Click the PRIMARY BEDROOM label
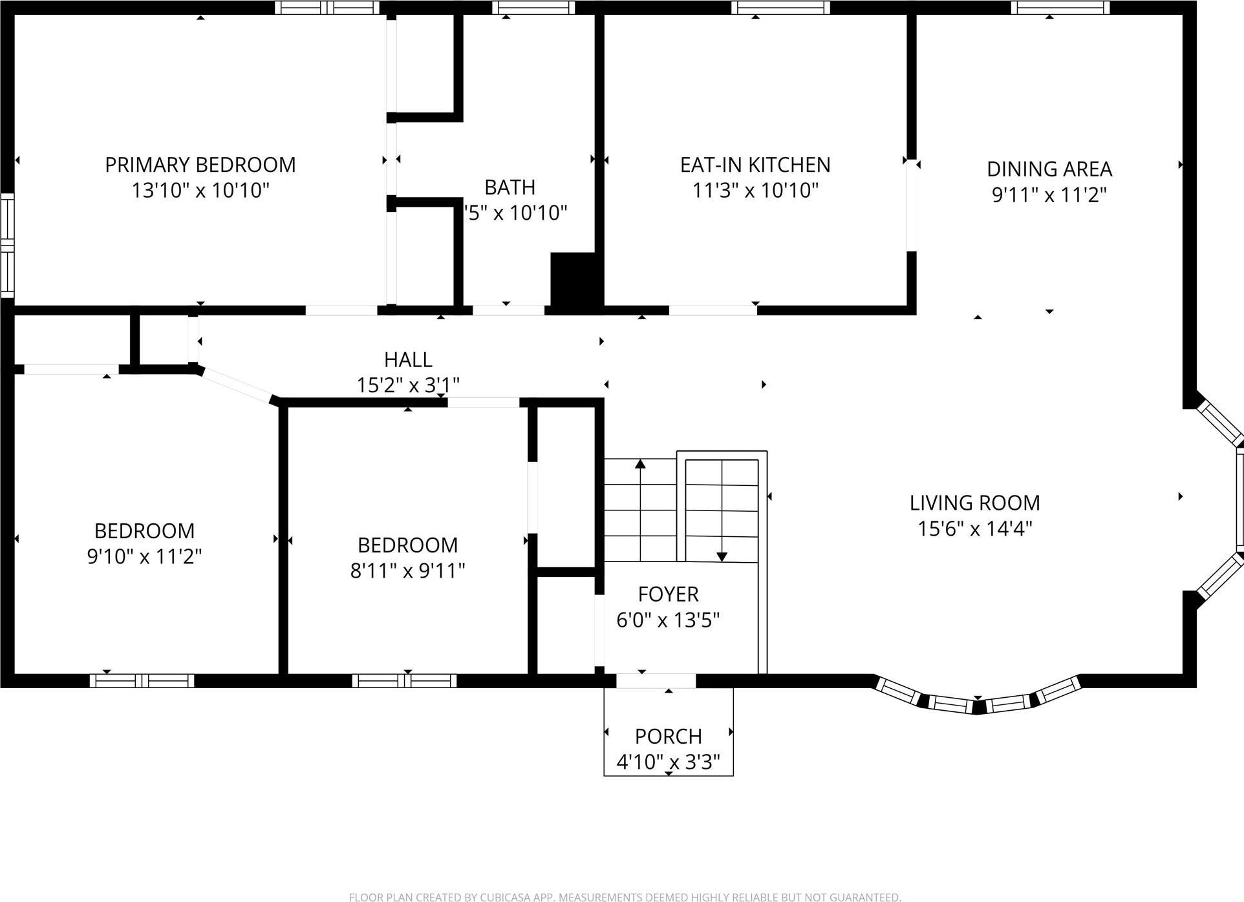(200, 165)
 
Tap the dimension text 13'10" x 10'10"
(200, 191)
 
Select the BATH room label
(509, 187)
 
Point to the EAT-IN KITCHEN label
(755, 165)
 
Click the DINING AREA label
(1049, 169)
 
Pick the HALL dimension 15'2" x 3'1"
(408, 385)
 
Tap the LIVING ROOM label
(974, 503)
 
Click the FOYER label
(668, 594)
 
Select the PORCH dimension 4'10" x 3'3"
(668, 762)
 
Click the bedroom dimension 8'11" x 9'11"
(407, 571)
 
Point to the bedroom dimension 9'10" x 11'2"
(144, 556)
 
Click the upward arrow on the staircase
(640, 464)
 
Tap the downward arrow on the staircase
(722, 556)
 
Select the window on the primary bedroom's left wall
(6, 245)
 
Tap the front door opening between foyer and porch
(655, 680)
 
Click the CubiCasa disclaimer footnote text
(625, 897)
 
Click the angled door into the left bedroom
(237, 386)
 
